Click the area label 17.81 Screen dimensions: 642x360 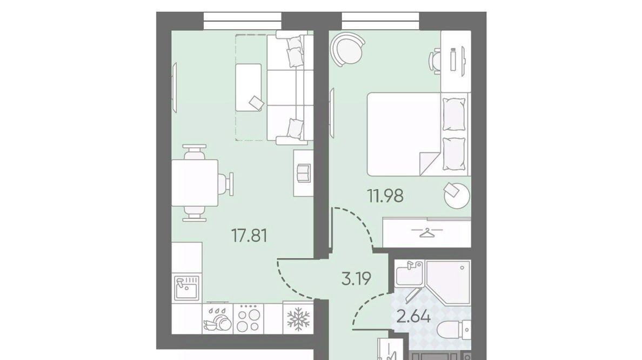(249, 236)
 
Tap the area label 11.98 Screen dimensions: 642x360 (385, 196)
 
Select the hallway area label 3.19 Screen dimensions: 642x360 (356, 278)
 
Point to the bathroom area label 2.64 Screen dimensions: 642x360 (413, 316)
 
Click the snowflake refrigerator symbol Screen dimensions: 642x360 (298, 319)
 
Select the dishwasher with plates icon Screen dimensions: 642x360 (217, 318)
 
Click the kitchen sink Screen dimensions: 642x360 (186, 288)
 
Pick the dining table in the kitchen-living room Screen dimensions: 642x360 (195, 183)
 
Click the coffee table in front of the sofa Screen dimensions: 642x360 (249, 87)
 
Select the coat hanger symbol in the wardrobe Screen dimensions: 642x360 (426, 234)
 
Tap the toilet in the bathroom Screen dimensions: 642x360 (453, 330)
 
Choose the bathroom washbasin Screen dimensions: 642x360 (410, 273)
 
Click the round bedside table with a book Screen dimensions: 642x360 (457, 195)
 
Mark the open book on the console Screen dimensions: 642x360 (303, 172)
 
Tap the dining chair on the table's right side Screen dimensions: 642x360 (225, 183)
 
